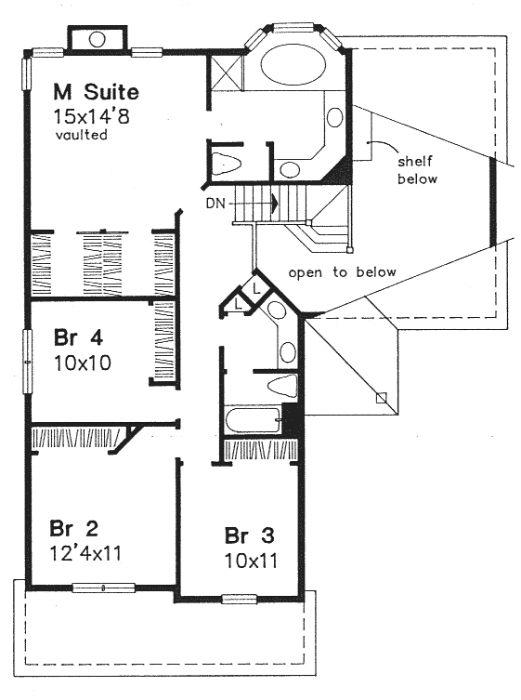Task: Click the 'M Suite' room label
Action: [x=96, y=92]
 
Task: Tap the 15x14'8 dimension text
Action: [x=91, y=116]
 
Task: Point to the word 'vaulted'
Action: [x=81, y=135]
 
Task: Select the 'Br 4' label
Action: [x=79, y=337]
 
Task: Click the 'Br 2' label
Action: [x=73, y=529]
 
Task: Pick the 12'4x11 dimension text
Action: [x=85, y=553]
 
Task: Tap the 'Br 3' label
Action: [x=249, y=535]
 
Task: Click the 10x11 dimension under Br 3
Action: [x=251, y=561]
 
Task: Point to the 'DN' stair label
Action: [x=215, y=204]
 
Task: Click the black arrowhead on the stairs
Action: [x=274, y=204]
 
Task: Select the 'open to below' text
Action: [x=342, y=272]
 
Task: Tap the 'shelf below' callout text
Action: [x=417, y=170]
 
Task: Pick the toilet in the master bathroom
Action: [x=227, y=164]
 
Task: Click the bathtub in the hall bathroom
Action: [x=253, y=419]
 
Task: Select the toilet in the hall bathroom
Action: [x=282, y=386]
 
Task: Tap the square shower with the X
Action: [x=227, y=73]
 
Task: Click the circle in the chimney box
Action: [x=97, y=39]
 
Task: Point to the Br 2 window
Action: [x=103, y=588]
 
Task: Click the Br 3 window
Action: [x=240, y=599]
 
